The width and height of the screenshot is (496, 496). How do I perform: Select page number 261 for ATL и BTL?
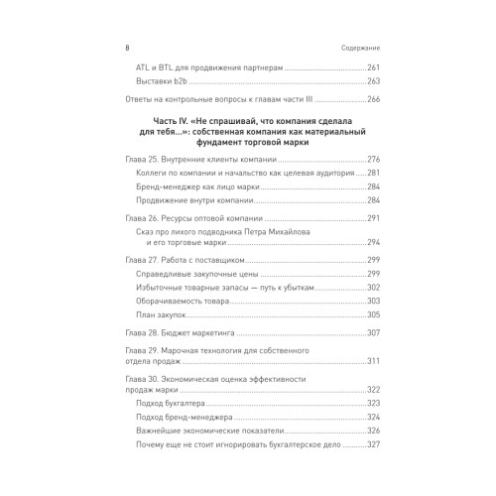pos(373,67)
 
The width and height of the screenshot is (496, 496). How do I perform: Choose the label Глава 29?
pos(128,351)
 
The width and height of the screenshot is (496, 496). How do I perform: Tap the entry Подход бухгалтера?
pos(171,403)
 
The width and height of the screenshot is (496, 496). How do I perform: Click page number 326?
pos(373,432)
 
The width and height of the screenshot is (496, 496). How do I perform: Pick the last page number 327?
pos(373,446)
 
